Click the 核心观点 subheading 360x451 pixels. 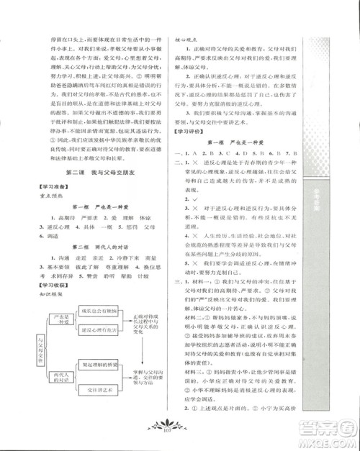pos(189,42)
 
